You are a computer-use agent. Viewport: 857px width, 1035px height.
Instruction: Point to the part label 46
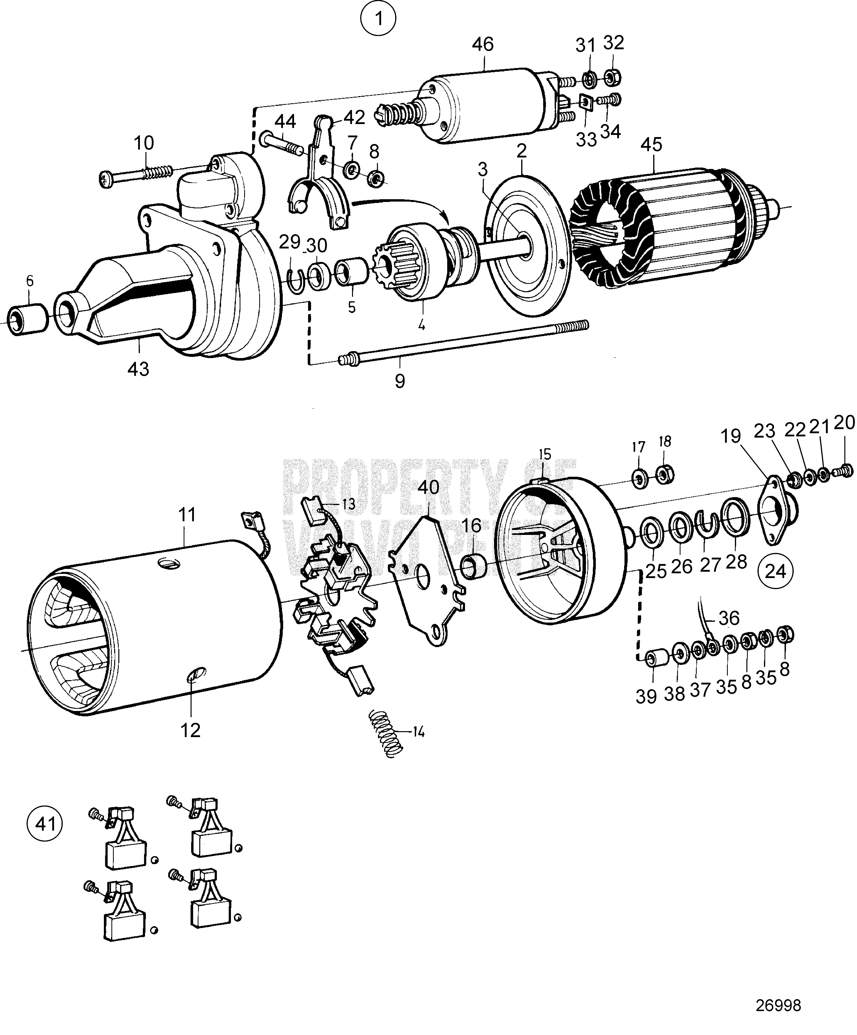coord(482,44)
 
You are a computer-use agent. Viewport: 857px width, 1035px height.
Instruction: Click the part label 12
coord(190,730)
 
